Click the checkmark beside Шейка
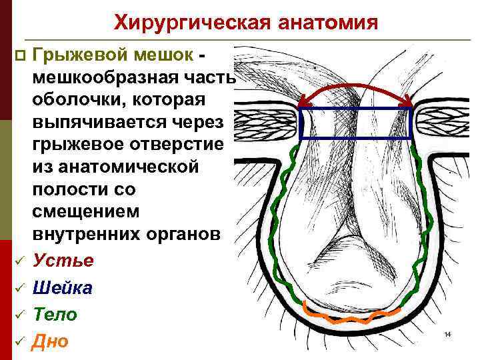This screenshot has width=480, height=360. pos(20,288)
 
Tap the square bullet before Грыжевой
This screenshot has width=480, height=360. pos(20,53)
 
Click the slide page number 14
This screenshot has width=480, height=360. pos(448,333)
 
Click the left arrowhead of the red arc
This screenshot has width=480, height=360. pos(303,103)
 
